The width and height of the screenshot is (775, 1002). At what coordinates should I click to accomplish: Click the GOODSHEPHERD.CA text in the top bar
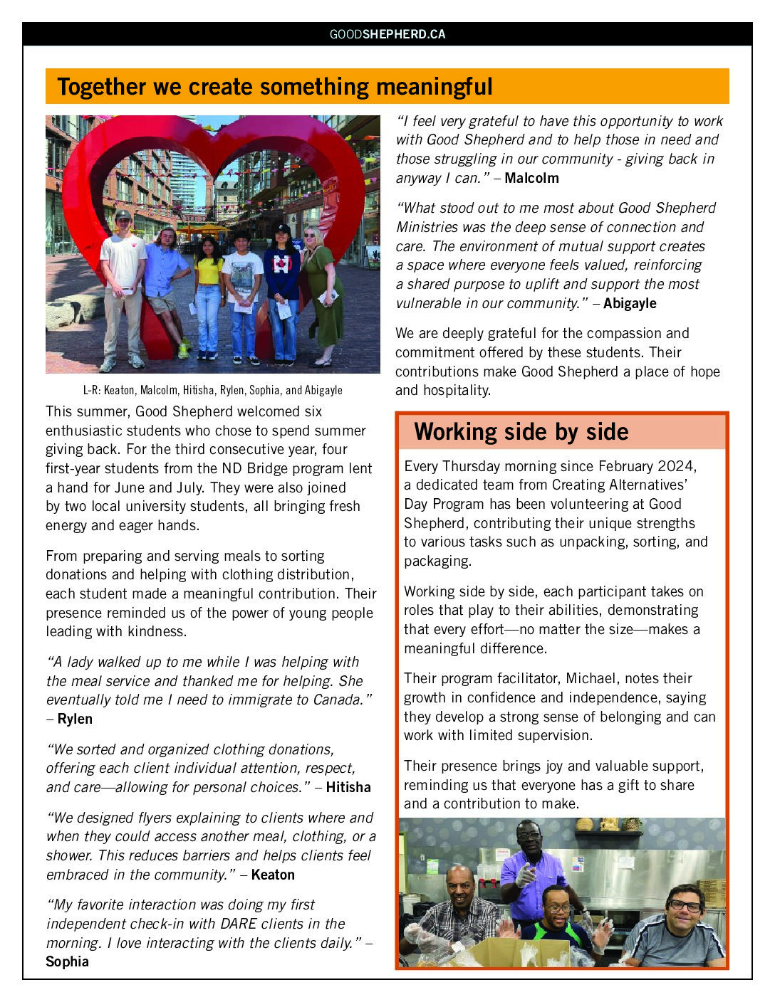pos(387,34)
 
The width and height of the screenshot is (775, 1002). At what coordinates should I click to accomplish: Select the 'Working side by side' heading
pos(521,432)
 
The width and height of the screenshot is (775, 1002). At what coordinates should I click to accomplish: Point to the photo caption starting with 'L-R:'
pos(212,390)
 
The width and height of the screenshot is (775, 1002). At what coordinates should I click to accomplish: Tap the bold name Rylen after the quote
pos(75,719)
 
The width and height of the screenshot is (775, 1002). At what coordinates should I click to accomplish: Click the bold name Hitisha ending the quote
pos(348,787)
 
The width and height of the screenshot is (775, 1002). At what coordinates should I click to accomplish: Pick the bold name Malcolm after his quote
pos(531,178)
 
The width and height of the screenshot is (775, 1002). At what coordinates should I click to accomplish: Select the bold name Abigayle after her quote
pos(630,303)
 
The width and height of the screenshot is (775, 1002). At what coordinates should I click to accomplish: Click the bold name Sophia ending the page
pos(67,961)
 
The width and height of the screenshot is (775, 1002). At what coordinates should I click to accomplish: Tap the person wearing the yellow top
pos(208,292)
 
